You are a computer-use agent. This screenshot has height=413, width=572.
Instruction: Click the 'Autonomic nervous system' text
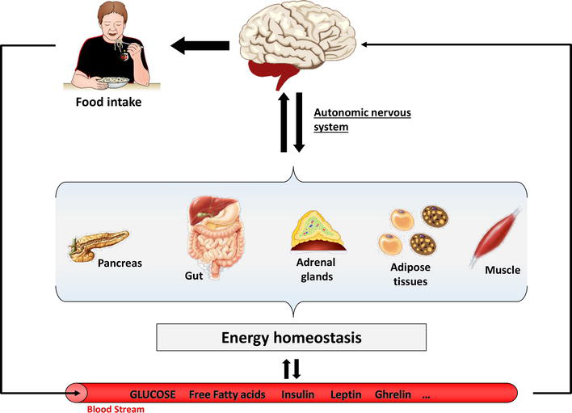[x=361, y=119]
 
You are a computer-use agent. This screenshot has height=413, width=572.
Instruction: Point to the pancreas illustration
[x=94, y=246]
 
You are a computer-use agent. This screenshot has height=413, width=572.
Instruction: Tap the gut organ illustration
[x=213, y=234]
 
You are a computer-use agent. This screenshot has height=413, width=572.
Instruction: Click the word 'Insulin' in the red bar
[x=297, y=394]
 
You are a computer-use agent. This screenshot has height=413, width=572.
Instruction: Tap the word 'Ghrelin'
[x=393, y=394]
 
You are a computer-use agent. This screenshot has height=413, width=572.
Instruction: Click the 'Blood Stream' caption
[x=112, y=408]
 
